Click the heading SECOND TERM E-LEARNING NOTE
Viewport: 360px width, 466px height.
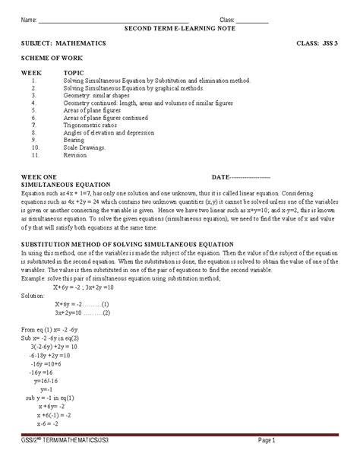[x=179, y=27]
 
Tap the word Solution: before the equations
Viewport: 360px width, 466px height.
[x=34, y=294]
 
